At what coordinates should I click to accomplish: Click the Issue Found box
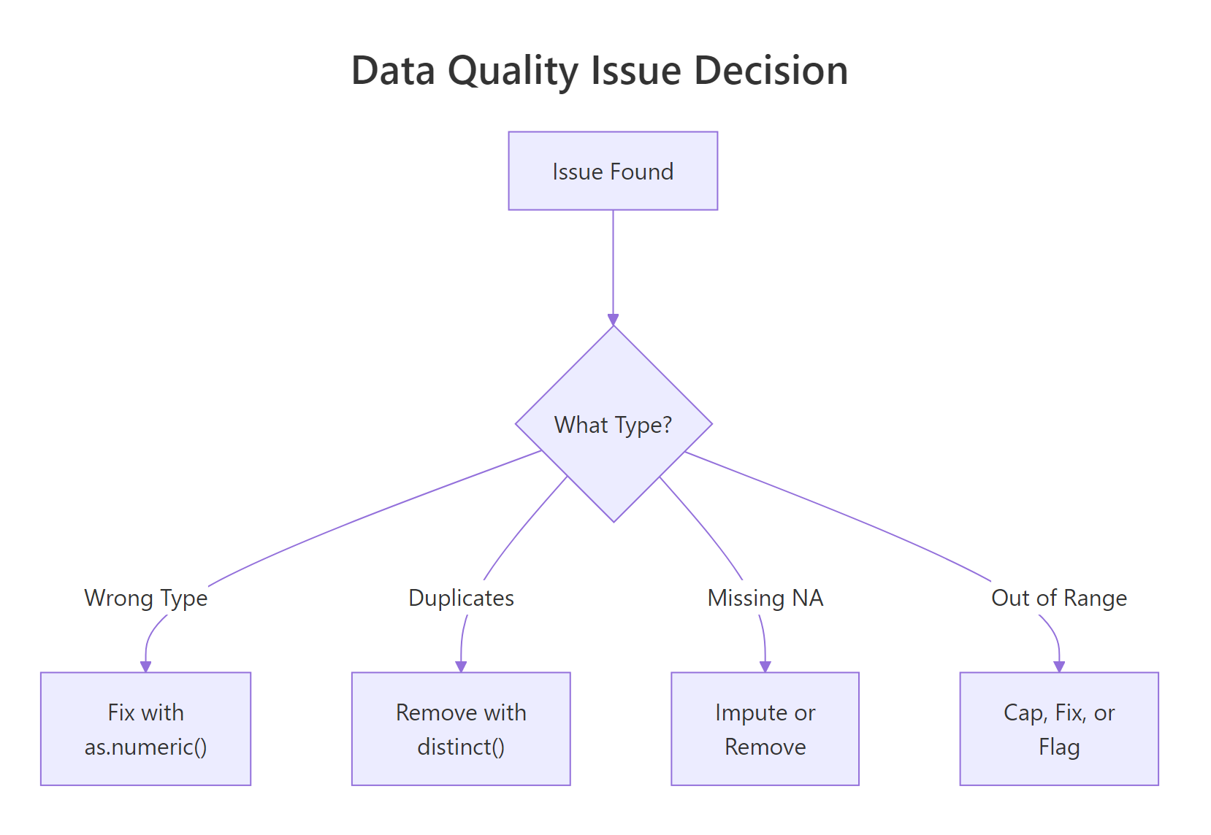(x=613, y=171)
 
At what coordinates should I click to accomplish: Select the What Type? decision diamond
(x=613, y=424)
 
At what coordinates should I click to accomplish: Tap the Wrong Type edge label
(x=146, y=598)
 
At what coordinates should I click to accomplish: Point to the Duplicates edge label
(x=461, y=598)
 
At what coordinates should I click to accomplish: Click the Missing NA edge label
(x=765, y=598)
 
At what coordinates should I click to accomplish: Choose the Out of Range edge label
(x=1058, y=598)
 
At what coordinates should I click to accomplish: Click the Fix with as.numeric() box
(x=145, y=728)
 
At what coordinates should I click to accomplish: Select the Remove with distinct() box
(x=461, y=728)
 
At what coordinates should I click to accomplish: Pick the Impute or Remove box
(x=765, y=728)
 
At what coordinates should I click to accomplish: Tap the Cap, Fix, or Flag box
(x=1058, y=728)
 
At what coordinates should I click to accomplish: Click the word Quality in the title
(x=513, y=72)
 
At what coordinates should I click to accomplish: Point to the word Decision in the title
(x=771, y=71)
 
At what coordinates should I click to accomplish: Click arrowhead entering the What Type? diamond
(x=613, y=320)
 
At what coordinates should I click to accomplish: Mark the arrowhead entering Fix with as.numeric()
(x=145, y=666)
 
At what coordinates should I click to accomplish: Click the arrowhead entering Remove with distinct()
(x=461, y=666)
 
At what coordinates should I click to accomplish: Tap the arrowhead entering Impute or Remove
(x=765, y=666)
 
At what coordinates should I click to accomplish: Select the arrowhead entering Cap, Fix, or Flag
(x=1059, y=666)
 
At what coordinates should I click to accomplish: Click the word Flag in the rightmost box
(x=1058, y=747)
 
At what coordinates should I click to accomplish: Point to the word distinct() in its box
(x=461, y=747)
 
